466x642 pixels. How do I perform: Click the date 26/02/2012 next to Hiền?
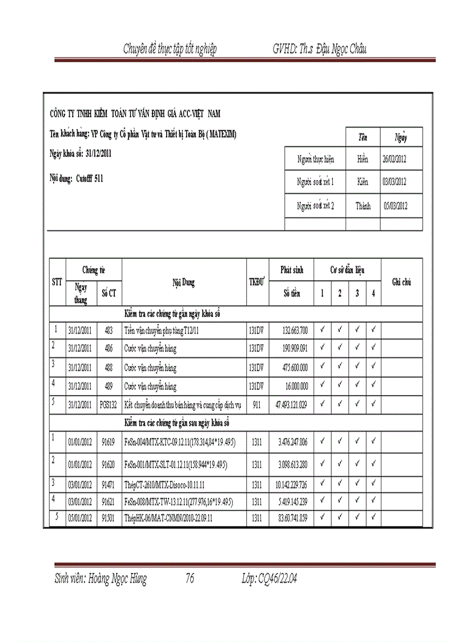pyautogui.click(x=394, y=159)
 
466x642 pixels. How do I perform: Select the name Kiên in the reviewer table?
pyautogui.click(x=363, y=182)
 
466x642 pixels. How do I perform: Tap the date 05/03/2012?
pyautogui.click(x=394, y=206)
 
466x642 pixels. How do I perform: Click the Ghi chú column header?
pyautogui.click(x=401, y=282)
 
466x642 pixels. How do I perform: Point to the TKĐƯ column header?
pyautogui.click(x=257, y=282)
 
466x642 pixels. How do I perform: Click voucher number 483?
pyautogui.click(x=109, y=330)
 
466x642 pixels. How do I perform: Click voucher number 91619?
pyautogui.click(x=109, y=441)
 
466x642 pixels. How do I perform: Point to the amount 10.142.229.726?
pyautogui.click(x=292, y=485)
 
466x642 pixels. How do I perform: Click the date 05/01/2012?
pyautogui.click(x=80, y=519)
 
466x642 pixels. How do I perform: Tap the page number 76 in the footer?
pyautogui.click(x=190, y=579)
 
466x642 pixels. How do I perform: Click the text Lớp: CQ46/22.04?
pyautogui.click(x=270, y=579)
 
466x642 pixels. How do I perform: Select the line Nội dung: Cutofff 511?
pyautogui.click(x=77, y=178)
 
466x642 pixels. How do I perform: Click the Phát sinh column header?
pyautogui.click(x=291, y=269)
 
